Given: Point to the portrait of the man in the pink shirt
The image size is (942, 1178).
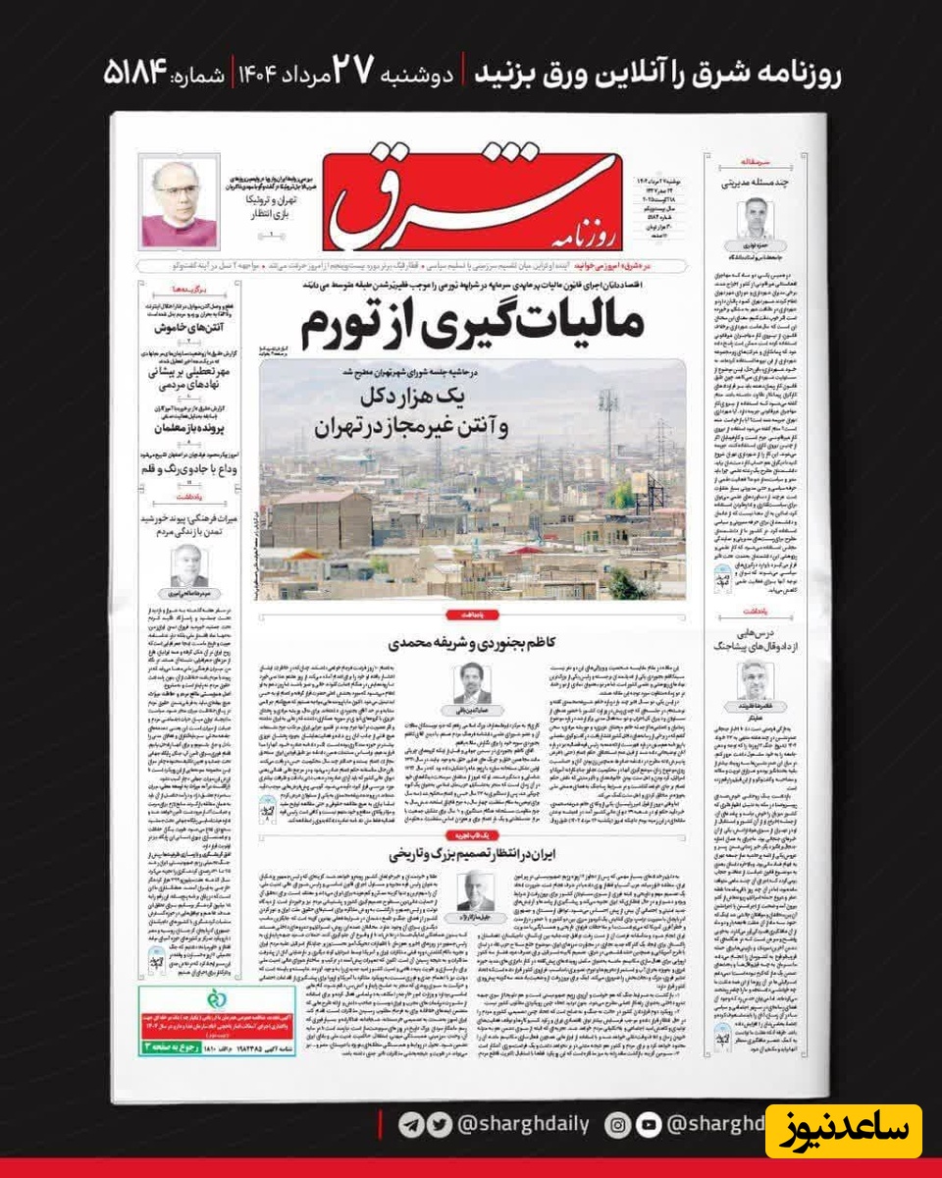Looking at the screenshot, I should [179, 203].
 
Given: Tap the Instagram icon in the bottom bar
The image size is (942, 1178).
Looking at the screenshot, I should [618, 1125].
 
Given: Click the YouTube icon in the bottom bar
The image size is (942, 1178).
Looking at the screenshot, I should [649, 1125].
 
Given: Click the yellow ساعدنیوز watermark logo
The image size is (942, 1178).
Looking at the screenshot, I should [843, 1131].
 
